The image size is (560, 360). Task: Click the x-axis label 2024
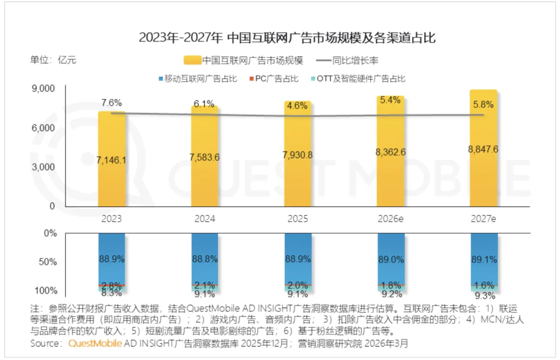[204, 219]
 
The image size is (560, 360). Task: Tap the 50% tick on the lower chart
[50, 262]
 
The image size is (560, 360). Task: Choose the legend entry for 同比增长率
[351, 61]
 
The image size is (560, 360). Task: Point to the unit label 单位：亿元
[53, 60]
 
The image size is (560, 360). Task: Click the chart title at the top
[279, 38]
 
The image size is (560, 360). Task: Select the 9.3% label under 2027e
[483, 296]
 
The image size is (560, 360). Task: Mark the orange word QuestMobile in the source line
[92, 343]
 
